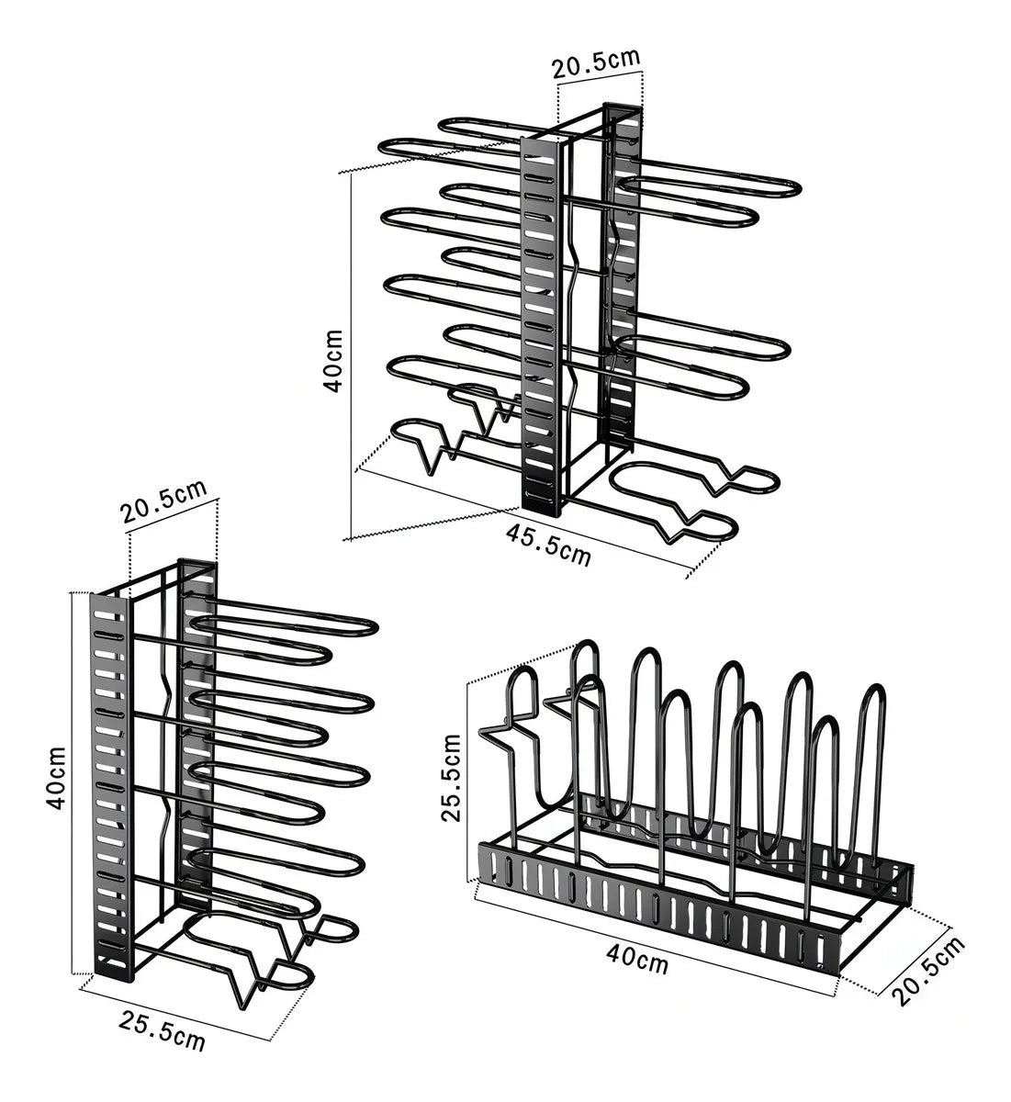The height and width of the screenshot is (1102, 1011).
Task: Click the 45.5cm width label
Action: pos(548,545)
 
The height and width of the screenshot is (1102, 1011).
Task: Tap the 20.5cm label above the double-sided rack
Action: pos(596,63)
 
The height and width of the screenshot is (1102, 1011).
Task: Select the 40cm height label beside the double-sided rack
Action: pos(333,361)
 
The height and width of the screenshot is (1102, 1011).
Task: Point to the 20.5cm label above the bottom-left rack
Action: pos(163,502)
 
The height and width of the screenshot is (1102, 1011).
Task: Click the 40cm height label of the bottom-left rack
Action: pos(57,779)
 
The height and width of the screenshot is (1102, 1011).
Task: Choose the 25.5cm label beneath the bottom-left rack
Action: pos(162,1031)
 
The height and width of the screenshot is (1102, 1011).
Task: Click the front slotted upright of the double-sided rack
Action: pos(541,328)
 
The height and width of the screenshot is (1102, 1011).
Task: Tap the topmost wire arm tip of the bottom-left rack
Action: pos(371,628)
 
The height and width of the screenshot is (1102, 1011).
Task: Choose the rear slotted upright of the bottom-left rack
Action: pos(197,737)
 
